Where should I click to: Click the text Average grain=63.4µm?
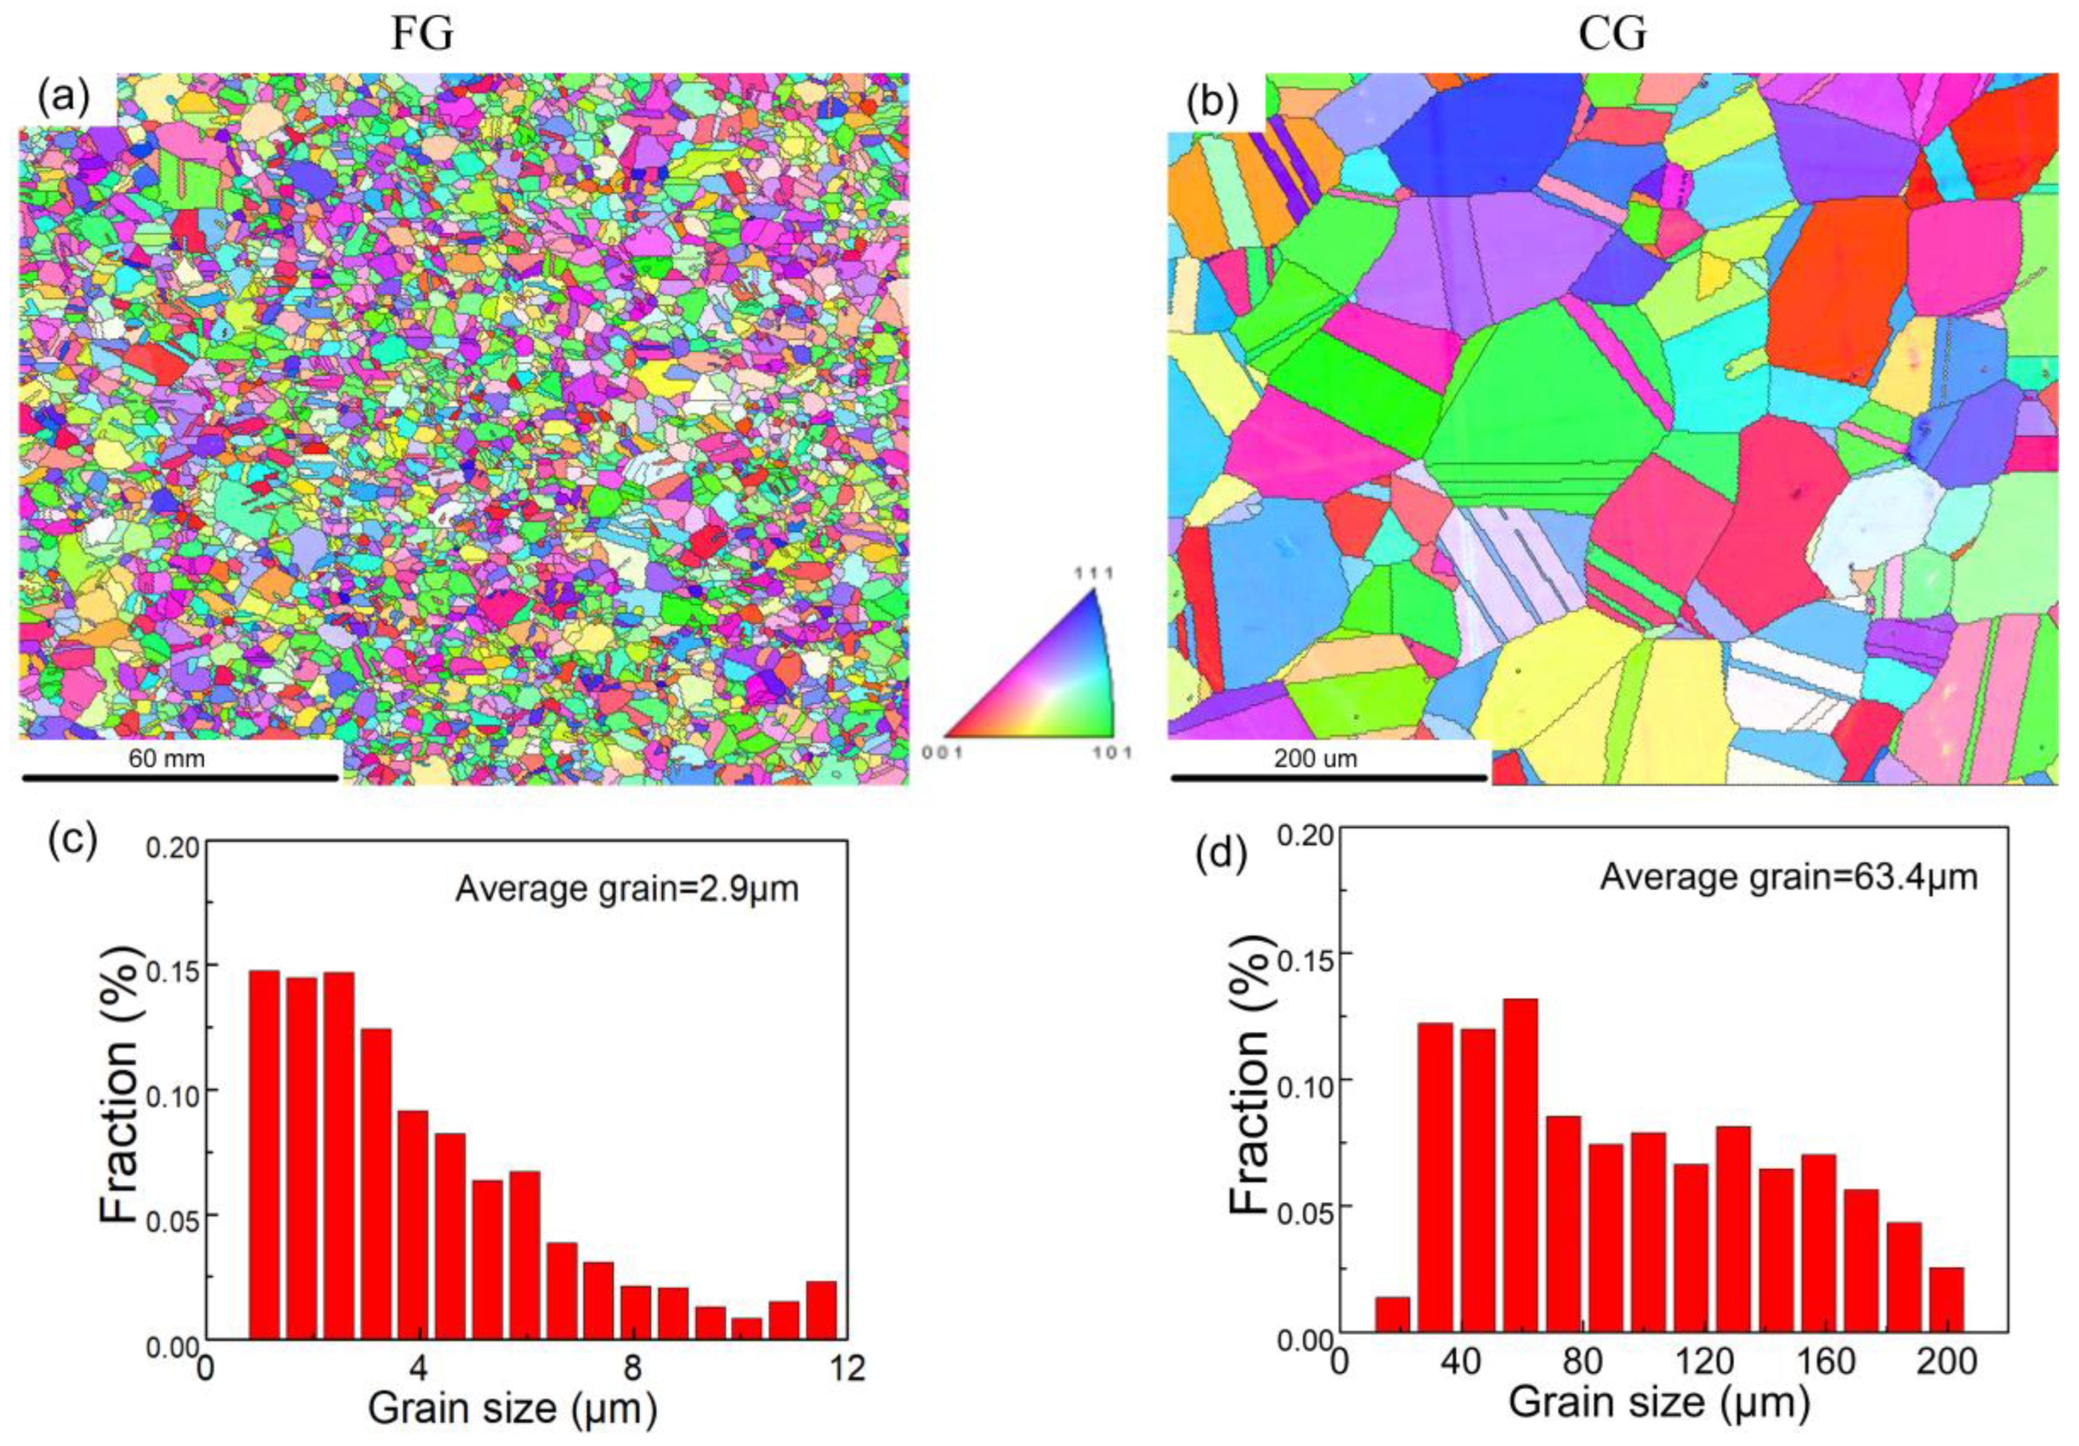[1788, 877]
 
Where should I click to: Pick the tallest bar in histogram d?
[1520, 1164]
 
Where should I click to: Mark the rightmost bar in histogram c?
[821, 1309]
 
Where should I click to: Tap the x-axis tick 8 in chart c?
[632, 1367]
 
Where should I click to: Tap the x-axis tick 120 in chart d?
[1704, 1362]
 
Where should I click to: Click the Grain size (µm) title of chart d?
[1659, 1403]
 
